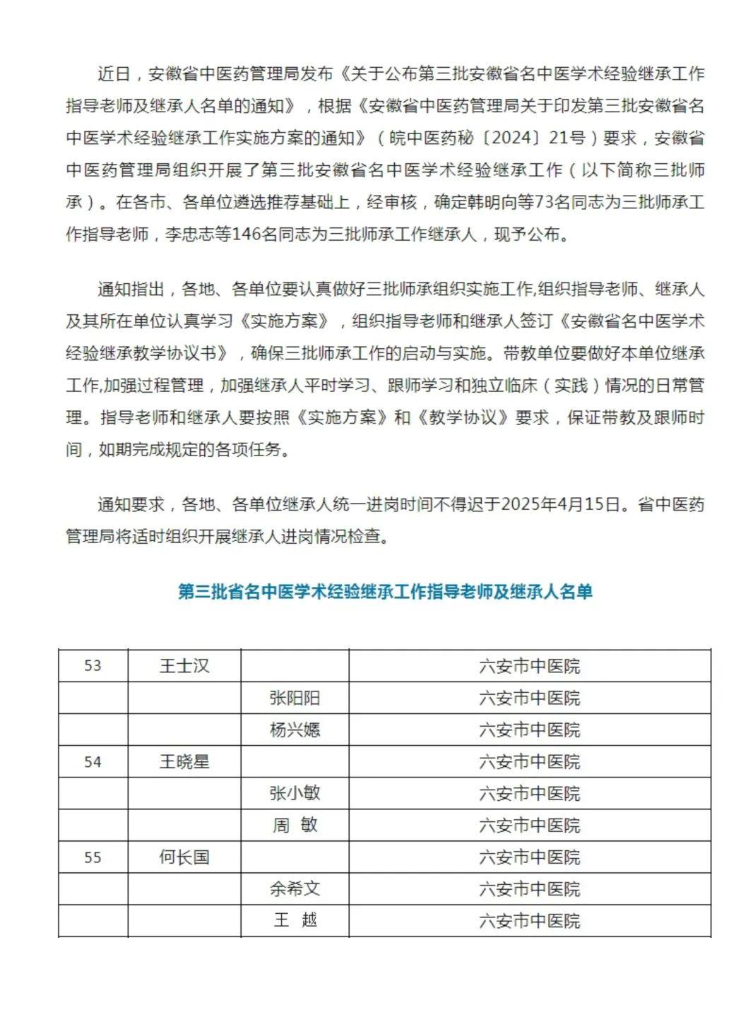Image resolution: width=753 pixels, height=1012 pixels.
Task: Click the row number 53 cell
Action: coord(93,666)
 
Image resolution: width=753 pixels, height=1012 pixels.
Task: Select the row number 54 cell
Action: coord(93,762)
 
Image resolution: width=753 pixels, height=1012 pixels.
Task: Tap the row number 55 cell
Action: coord(93,857)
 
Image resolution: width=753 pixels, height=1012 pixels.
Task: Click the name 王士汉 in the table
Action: coord(184,666)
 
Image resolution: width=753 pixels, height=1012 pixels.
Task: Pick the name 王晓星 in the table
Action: coord(184,762)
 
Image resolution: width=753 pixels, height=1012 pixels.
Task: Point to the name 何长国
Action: coord(184,857)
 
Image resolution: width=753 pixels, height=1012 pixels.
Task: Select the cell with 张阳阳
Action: coord(295,698)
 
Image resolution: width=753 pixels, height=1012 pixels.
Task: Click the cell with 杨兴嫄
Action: coord(295,730)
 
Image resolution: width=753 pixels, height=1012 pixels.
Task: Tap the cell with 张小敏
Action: coord(295,793)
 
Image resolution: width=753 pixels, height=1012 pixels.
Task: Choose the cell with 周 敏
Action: coord(295,825)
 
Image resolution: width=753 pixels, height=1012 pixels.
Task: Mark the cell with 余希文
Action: coord(295,888)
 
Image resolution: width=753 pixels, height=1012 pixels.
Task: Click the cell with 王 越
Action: coord(295,920)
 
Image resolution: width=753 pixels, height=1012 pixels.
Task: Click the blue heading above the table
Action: coord(385,591)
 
